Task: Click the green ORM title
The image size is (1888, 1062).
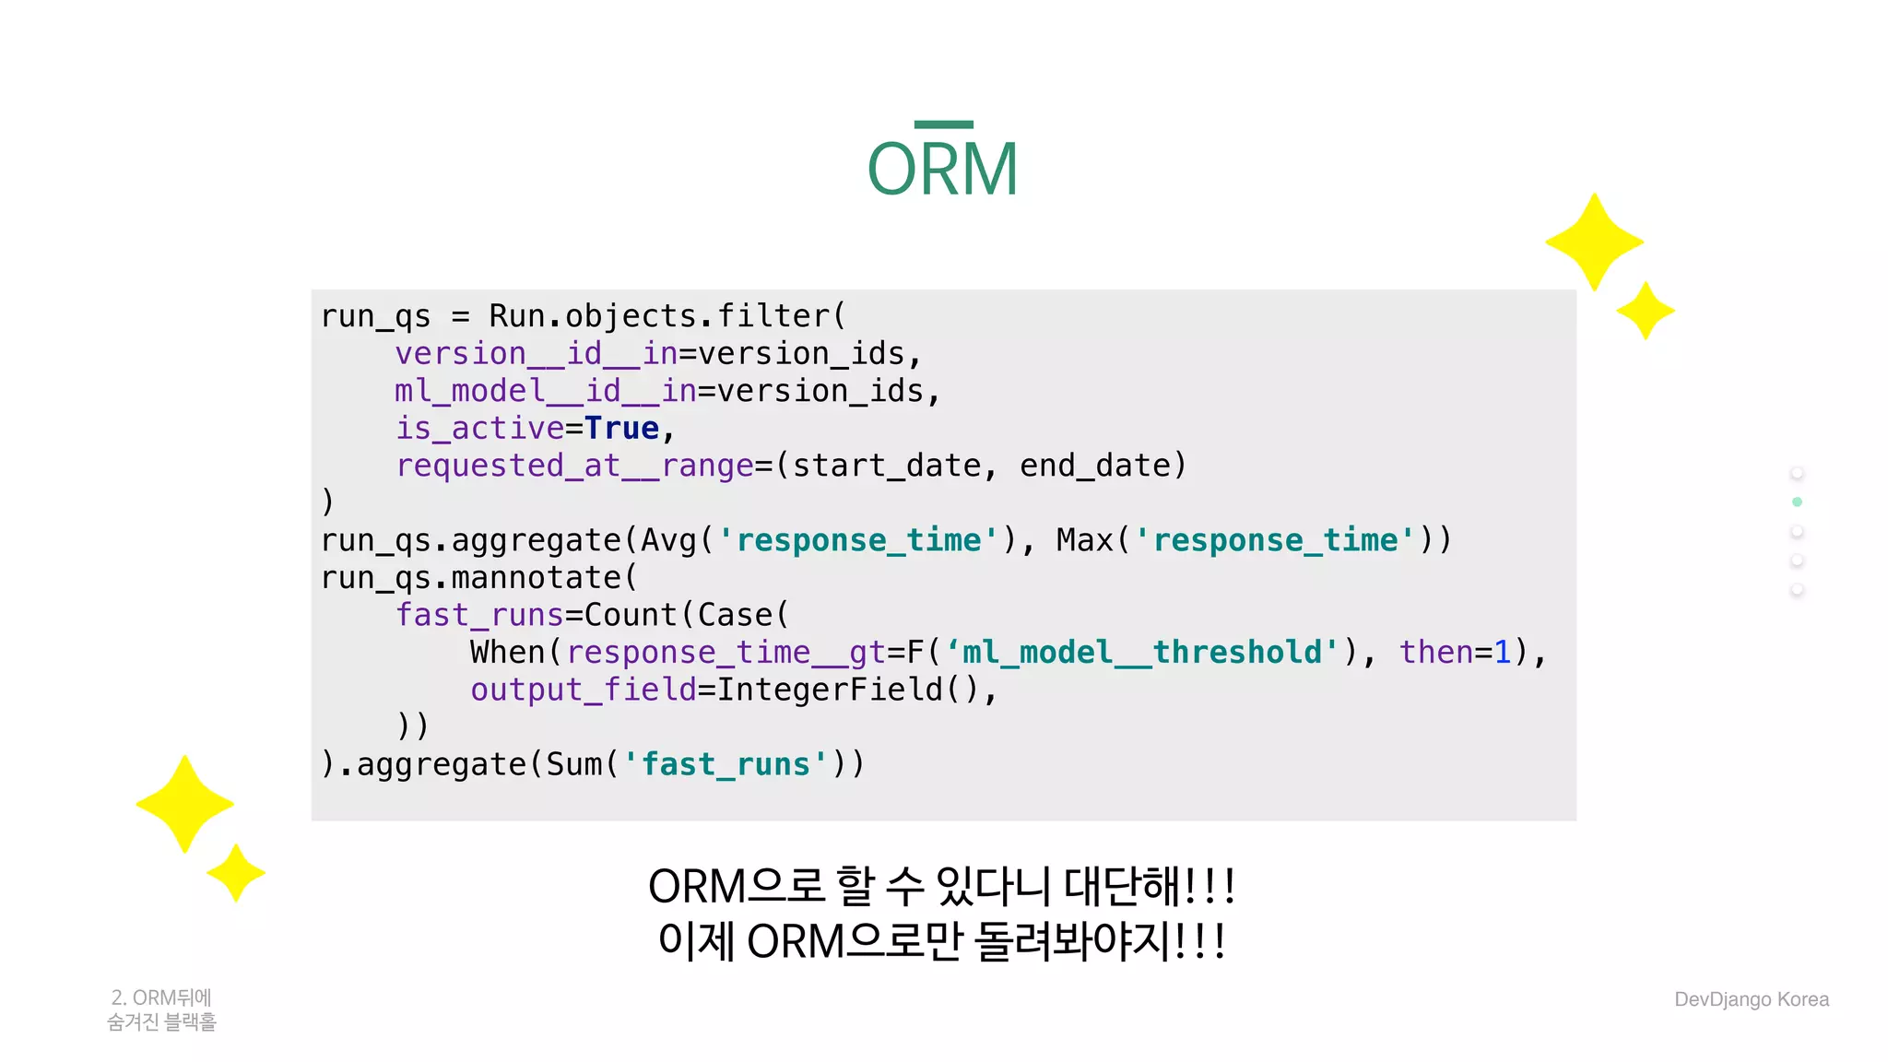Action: (x=942, y=170)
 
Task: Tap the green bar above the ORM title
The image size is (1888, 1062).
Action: (x=943, y=124)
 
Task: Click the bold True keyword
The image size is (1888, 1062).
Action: (x=621, y=429)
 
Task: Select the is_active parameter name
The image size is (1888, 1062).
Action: (x=479, y=429)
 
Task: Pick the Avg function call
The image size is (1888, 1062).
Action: (x=668, y=540)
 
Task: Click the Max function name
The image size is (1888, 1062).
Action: (x=1085, y=540)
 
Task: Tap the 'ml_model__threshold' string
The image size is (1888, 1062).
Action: (x=1142, y=653)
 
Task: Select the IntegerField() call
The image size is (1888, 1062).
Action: (x=847, y=690)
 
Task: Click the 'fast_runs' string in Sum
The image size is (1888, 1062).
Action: (x=726, y=764)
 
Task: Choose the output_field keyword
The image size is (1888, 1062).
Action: (x=583, y=690)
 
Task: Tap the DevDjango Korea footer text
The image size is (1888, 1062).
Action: (x=1751, y=999)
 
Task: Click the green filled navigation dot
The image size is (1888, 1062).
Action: (x=1797, y=502)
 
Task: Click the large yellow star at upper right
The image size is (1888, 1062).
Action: (x=1594, y=242)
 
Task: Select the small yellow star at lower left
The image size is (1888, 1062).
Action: (x=236, y=872)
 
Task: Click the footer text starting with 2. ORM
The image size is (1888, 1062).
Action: (x=161, y=1009)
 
